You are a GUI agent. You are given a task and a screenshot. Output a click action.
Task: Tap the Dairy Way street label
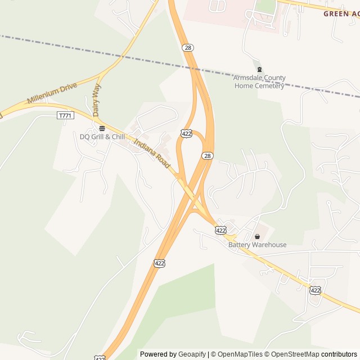tap(96, 100)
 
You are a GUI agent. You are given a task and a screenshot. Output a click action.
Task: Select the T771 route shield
tap(65, 115)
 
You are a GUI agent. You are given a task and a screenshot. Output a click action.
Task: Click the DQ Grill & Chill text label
tap(102, 137)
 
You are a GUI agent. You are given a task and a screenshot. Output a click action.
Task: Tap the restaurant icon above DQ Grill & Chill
tap(102, 128)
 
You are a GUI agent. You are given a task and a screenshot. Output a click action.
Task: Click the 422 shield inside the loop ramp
tap(186, 133)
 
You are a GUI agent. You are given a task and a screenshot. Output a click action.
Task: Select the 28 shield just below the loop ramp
tap(208, 156)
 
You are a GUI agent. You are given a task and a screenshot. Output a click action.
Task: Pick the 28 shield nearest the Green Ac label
tap(188, 48)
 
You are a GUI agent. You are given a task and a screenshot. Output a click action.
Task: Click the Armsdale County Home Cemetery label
tap(259, 82)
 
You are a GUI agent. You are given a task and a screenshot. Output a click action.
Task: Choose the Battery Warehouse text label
tap(257, 245)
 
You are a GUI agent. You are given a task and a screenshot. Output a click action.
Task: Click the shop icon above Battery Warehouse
tap(257, 236)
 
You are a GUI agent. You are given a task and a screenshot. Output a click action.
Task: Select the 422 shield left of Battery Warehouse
tap(220, 230)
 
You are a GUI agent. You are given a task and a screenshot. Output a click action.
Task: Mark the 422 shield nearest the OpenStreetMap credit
tap(315, 290)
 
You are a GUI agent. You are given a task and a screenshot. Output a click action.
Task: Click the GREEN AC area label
tap(341, 13)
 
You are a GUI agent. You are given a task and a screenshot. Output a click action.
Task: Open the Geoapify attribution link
tap(192, 354)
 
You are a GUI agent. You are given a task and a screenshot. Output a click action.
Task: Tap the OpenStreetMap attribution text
tap(293, 354)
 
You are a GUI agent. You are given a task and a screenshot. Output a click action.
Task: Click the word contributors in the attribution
tap(339, 354)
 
